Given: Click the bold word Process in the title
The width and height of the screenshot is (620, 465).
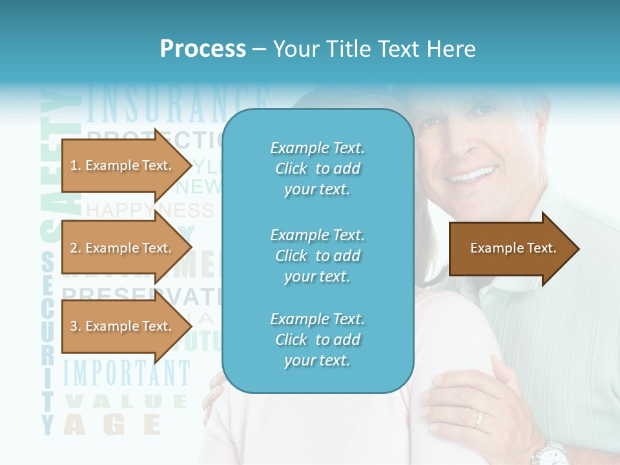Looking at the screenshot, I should [203, 49].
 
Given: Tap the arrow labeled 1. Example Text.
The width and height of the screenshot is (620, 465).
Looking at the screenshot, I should [123, 165].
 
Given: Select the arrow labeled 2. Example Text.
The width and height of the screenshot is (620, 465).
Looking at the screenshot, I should [123, 248].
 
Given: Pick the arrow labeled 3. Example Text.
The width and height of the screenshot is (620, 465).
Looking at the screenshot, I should [123, 326].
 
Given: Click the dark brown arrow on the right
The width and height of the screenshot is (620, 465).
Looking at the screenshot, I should [513, 248].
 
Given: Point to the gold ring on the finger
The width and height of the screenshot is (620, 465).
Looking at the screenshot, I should [479, 420].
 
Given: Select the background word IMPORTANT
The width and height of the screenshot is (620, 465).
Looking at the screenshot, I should [127, 373].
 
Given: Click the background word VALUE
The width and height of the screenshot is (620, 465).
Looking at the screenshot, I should [125, 402].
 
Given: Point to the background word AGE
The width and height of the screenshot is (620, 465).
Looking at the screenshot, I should [112, 424].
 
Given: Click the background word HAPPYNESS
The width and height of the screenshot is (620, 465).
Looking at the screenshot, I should [149, 210].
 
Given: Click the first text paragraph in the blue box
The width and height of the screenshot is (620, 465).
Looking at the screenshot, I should [317, 169].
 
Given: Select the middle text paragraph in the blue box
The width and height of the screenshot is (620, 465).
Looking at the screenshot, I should [317, 256].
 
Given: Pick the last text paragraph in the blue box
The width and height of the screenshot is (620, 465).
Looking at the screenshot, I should [317, 340].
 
